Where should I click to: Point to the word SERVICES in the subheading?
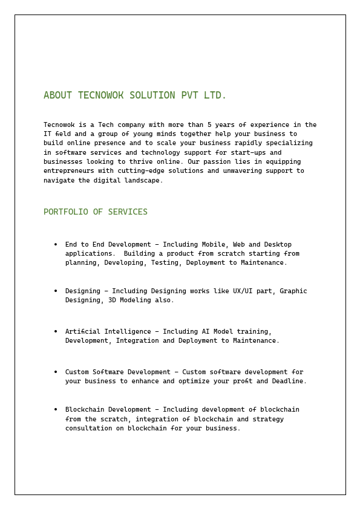click(128, 212)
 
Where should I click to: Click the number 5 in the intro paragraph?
click(209, 125)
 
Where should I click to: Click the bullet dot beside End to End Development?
click(56, 245)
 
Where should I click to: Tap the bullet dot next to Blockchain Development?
click(56, 410)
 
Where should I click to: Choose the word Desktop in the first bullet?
click(278, 245)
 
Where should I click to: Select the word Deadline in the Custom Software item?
click(287, 381)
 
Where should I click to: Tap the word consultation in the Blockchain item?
click(91, 429)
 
